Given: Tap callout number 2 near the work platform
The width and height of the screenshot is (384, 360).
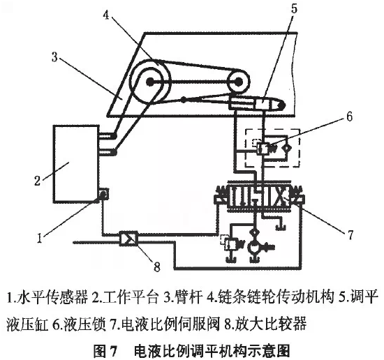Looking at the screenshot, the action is point(37,181).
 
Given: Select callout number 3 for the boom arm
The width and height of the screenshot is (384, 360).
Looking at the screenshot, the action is point(54,57).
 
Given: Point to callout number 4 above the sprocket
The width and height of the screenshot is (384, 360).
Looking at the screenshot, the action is point(106,15).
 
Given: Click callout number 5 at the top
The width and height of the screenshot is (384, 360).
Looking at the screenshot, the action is point(294,8).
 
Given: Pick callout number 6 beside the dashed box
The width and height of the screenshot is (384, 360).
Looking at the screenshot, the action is point(349,117).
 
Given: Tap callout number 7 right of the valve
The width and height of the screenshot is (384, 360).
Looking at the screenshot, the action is point(350,234).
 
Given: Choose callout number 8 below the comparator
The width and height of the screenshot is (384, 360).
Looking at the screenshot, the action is point(156,267).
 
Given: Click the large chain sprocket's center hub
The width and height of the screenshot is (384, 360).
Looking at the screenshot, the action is point(149,82).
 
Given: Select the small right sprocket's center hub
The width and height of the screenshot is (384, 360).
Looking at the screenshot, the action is point(238,82).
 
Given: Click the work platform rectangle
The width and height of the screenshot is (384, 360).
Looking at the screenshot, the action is point(76,164).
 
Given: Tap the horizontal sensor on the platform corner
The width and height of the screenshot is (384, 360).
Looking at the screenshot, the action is point(103,194).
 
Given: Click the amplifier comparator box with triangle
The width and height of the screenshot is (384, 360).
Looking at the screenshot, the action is point(129,239).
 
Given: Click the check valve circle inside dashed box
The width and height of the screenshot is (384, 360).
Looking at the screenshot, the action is point(286,148).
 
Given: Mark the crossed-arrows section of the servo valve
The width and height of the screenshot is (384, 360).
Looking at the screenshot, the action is point(281,197).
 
